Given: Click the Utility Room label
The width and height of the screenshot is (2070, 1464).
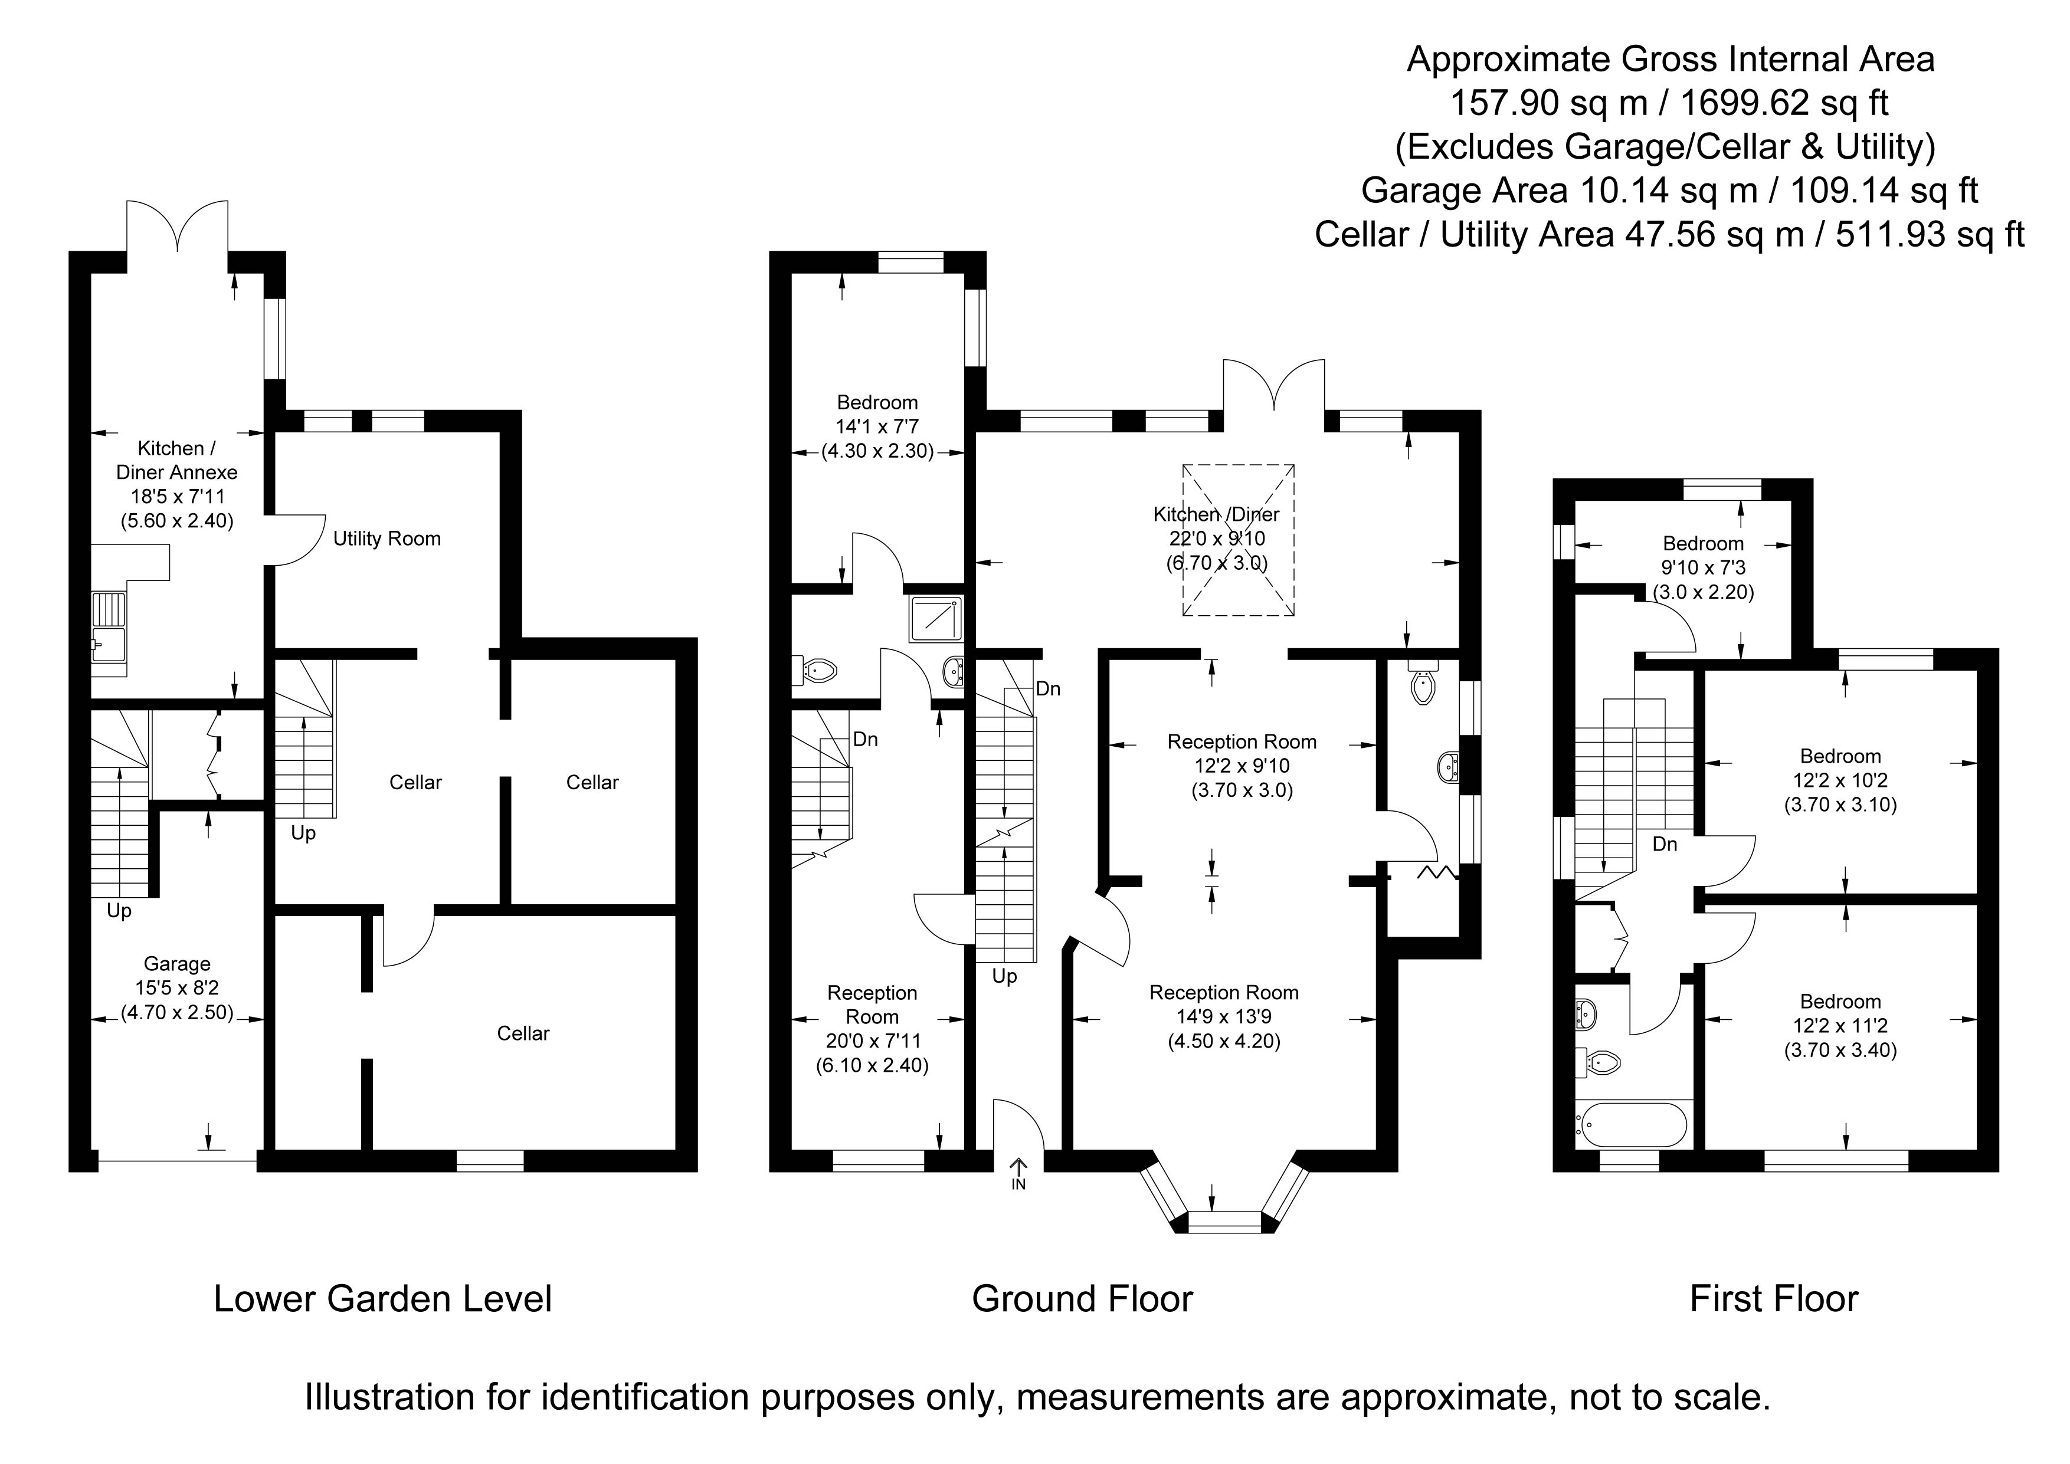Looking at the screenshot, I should click(x=387, y=539).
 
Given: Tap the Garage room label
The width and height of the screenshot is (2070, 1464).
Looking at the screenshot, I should click(x=176, y=964).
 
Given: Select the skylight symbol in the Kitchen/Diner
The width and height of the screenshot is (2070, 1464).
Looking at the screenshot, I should click(x=1238, y=540).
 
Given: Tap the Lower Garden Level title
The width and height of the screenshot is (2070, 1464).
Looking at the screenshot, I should click(x=382, y=1299).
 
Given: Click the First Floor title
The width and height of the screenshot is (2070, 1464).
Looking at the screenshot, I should click(x=1773, y=1299).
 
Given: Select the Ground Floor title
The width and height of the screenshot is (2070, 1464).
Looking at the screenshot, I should click(x=1082, y=1299).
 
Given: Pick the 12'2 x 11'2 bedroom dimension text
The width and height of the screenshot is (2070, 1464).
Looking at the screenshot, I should click(x=1840, y=1026).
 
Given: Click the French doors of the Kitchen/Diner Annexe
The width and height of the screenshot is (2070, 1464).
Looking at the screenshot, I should click(x=178, y=225).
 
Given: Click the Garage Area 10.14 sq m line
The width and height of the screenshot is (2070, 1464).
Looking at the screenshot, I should click(x=1669, y=190).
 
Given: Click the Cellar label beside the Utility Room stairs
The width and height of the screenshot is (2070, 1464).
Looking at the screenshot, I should click(x=415, y=783).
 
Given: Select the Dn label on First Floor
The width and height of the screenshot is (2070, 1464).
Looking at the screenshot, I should click(x=1664, y=845).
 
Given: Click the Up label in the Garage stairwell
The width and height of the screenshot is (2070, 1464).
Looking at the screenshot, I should click(x=119, y=911).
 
